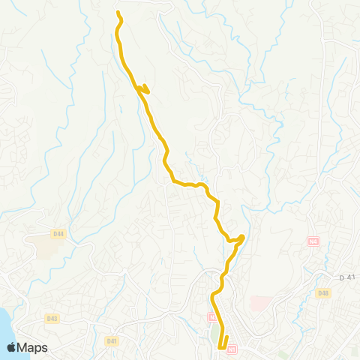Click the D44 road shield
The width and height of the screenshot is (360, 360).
58,234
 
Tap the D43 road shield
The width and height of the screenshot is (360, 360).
52,318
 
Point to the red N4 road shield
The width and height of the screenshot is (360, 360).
313,241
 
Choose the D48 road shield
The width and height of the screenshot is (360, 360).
323,292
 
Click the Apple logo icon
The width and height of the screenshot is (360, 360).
12,346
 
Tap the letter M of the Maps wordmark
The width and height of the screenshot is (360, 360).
24,347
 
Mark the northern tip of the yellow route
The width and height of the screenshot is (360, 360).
118,12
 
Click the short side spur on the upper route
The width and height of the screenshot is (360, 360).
146,91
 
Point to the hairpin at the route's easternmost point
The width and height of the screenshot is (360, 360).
243,238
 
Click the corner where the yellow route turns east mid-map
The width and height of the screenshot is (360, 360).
172,180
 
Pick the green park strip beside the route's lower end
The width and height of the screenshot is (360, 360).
217,330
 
